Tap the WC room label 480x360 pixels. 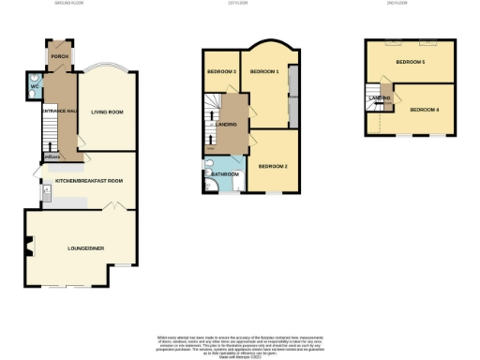click(x=35, y=87)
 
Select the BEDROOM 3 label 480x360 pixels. click(x=221, y=71)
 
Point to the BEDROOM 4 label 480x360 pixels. click(x=425, y=110)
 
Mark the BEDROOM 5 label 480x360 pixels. click(x=410, y=62)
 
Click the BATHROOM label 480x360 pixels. click(x=225, y=173)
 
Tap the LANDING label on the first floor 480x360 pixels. click(x=226, y=124)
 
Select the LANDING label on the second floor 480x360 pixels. click(x=381, y=97)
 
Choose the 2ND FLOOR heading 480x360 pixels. click(x=397, y=4)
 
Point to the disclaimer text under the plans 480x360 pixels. click(x=240, y=343)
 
